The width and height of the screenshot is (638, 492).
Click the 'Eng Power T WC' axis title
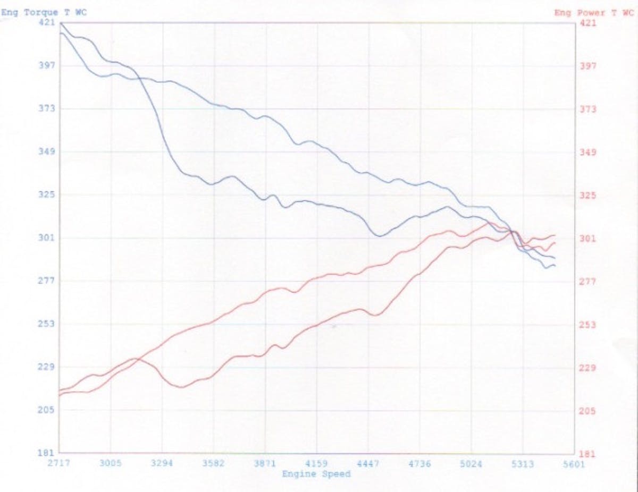click(593, 13)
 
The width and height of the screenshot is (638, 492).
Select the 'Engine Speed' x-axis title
click(316, 473)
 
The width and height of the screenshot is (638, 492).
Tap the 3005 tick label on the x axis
click(111, 463)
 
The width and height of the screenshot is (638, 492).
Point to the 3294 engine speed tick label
click(162, 463)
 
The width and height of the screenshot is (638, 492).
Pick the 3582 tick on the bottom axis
click(214, 463)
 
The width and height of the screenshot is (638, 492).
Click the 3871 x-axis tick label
click(265, 463)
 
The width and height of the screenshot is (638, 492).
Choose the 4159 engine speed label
click(317, 463)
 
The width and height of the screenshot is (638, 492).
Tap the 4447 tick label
click(368, 463)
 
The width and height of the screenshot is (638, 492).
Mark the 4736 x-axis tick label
click(419, 463)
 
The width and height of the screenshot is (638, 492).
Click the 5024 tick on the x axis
click(471, 463)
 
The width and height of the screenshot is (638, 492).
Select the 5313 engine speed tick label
click(523, 463)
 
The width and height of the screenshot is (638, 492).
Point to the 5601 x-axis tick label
click(574, 463)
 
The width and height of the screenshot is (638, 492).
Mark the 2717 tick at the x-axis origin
click(59, 463)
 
